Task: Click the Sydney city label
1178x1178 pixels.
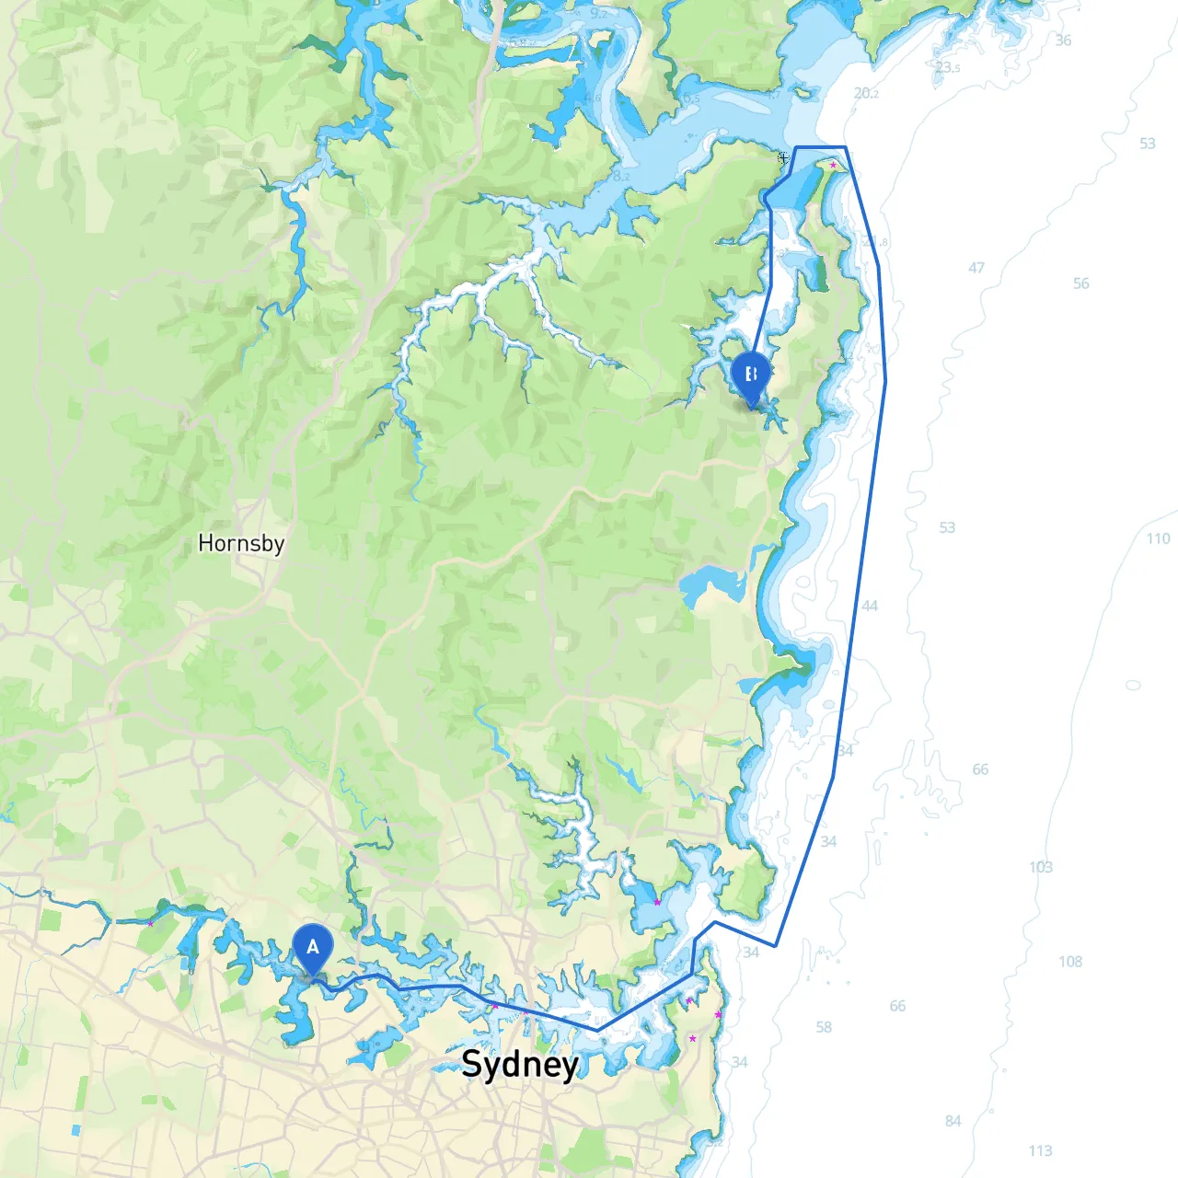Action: click(x=520, y=1064)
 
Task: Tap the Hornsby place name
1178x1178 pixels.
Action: click(x=241, y=543)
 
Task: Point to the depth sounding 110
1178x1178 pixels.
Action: click(x=1158, y=538)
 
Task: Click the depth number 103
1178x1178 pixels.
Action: click(x=1041, y=867)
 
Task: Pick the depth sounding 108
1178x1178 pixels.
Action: click(x=1070, y=962)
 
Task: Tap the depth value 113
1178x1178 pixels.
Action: click(x=1040, y=1150)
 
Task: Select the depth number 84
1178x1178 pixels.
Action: click(x=953, y=1121)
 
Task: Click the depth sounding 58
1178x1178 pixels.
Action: click(x=824, y=1027)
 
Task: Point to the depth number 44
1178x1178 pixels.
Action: click(x=870, y=606)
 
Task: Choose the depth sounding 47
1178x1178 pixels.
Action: click(x=976, y=268)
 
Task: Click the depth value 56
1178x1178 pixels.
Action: click(x=1080, y=283)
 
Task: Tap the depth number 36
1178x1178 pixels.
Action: click(x=1063, y=40)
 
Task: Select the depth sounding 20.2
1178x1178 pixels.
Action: click(x=866, y=93)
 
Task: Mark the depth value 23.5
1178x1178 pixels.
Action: click(x=947, y=67)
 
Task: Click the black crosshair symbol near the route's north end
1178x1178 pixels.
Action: click(x=783, y=157)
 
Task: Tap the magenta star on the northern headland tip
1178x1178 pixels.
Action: click(x=833, y=166)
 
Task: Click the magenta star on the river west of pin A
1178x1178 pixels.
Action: click(x=151, y=923)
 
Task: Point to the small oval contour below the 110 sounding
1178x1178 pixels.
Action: click(x=1133, y=685)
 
